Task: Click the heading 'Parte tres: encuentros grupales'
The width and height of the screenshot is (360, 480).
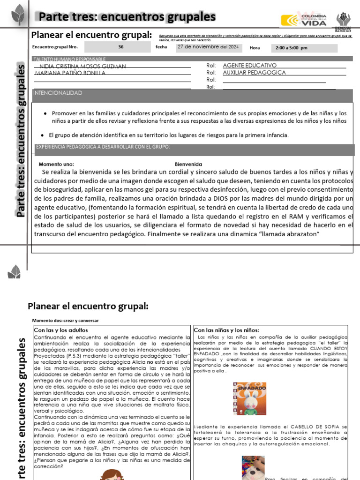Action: point(127,17)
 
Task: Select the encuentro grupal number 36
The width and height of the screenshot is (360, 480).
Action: point(121,47)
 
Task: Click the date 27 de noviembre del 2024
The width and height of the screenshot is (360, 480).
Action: point(208,47)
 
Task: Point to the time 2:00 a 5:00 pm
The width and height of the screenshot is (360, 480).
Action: point(292,48)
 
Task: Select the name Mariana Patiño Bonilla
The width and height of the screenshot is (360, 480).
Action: point(71,73)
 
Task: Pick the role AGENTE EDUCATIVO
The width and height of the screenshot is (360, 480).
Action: point(249,66)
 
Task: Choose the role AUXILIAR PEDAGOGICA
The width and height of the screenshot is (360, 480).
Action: point(254,73)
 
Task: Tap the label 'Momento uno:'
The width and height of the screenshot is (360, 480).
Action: point(56,165)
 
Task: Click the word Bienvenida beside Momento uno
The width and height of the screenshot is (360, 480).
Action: point(188,165)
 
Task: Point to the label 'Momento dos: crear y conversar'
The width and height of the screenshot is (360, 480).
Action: point(66,321)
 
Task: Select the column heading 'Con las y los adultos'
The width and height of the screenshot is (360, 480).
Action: point(61,330)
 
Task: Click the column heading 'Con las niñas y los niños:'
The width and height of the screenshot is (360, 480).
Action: point(226,330)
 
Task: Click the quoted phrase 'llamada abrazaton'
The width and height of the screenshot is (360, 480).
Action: point(291,234)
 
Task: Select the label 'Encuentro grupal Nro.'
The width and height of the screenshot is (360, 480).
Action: point(54,47)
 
